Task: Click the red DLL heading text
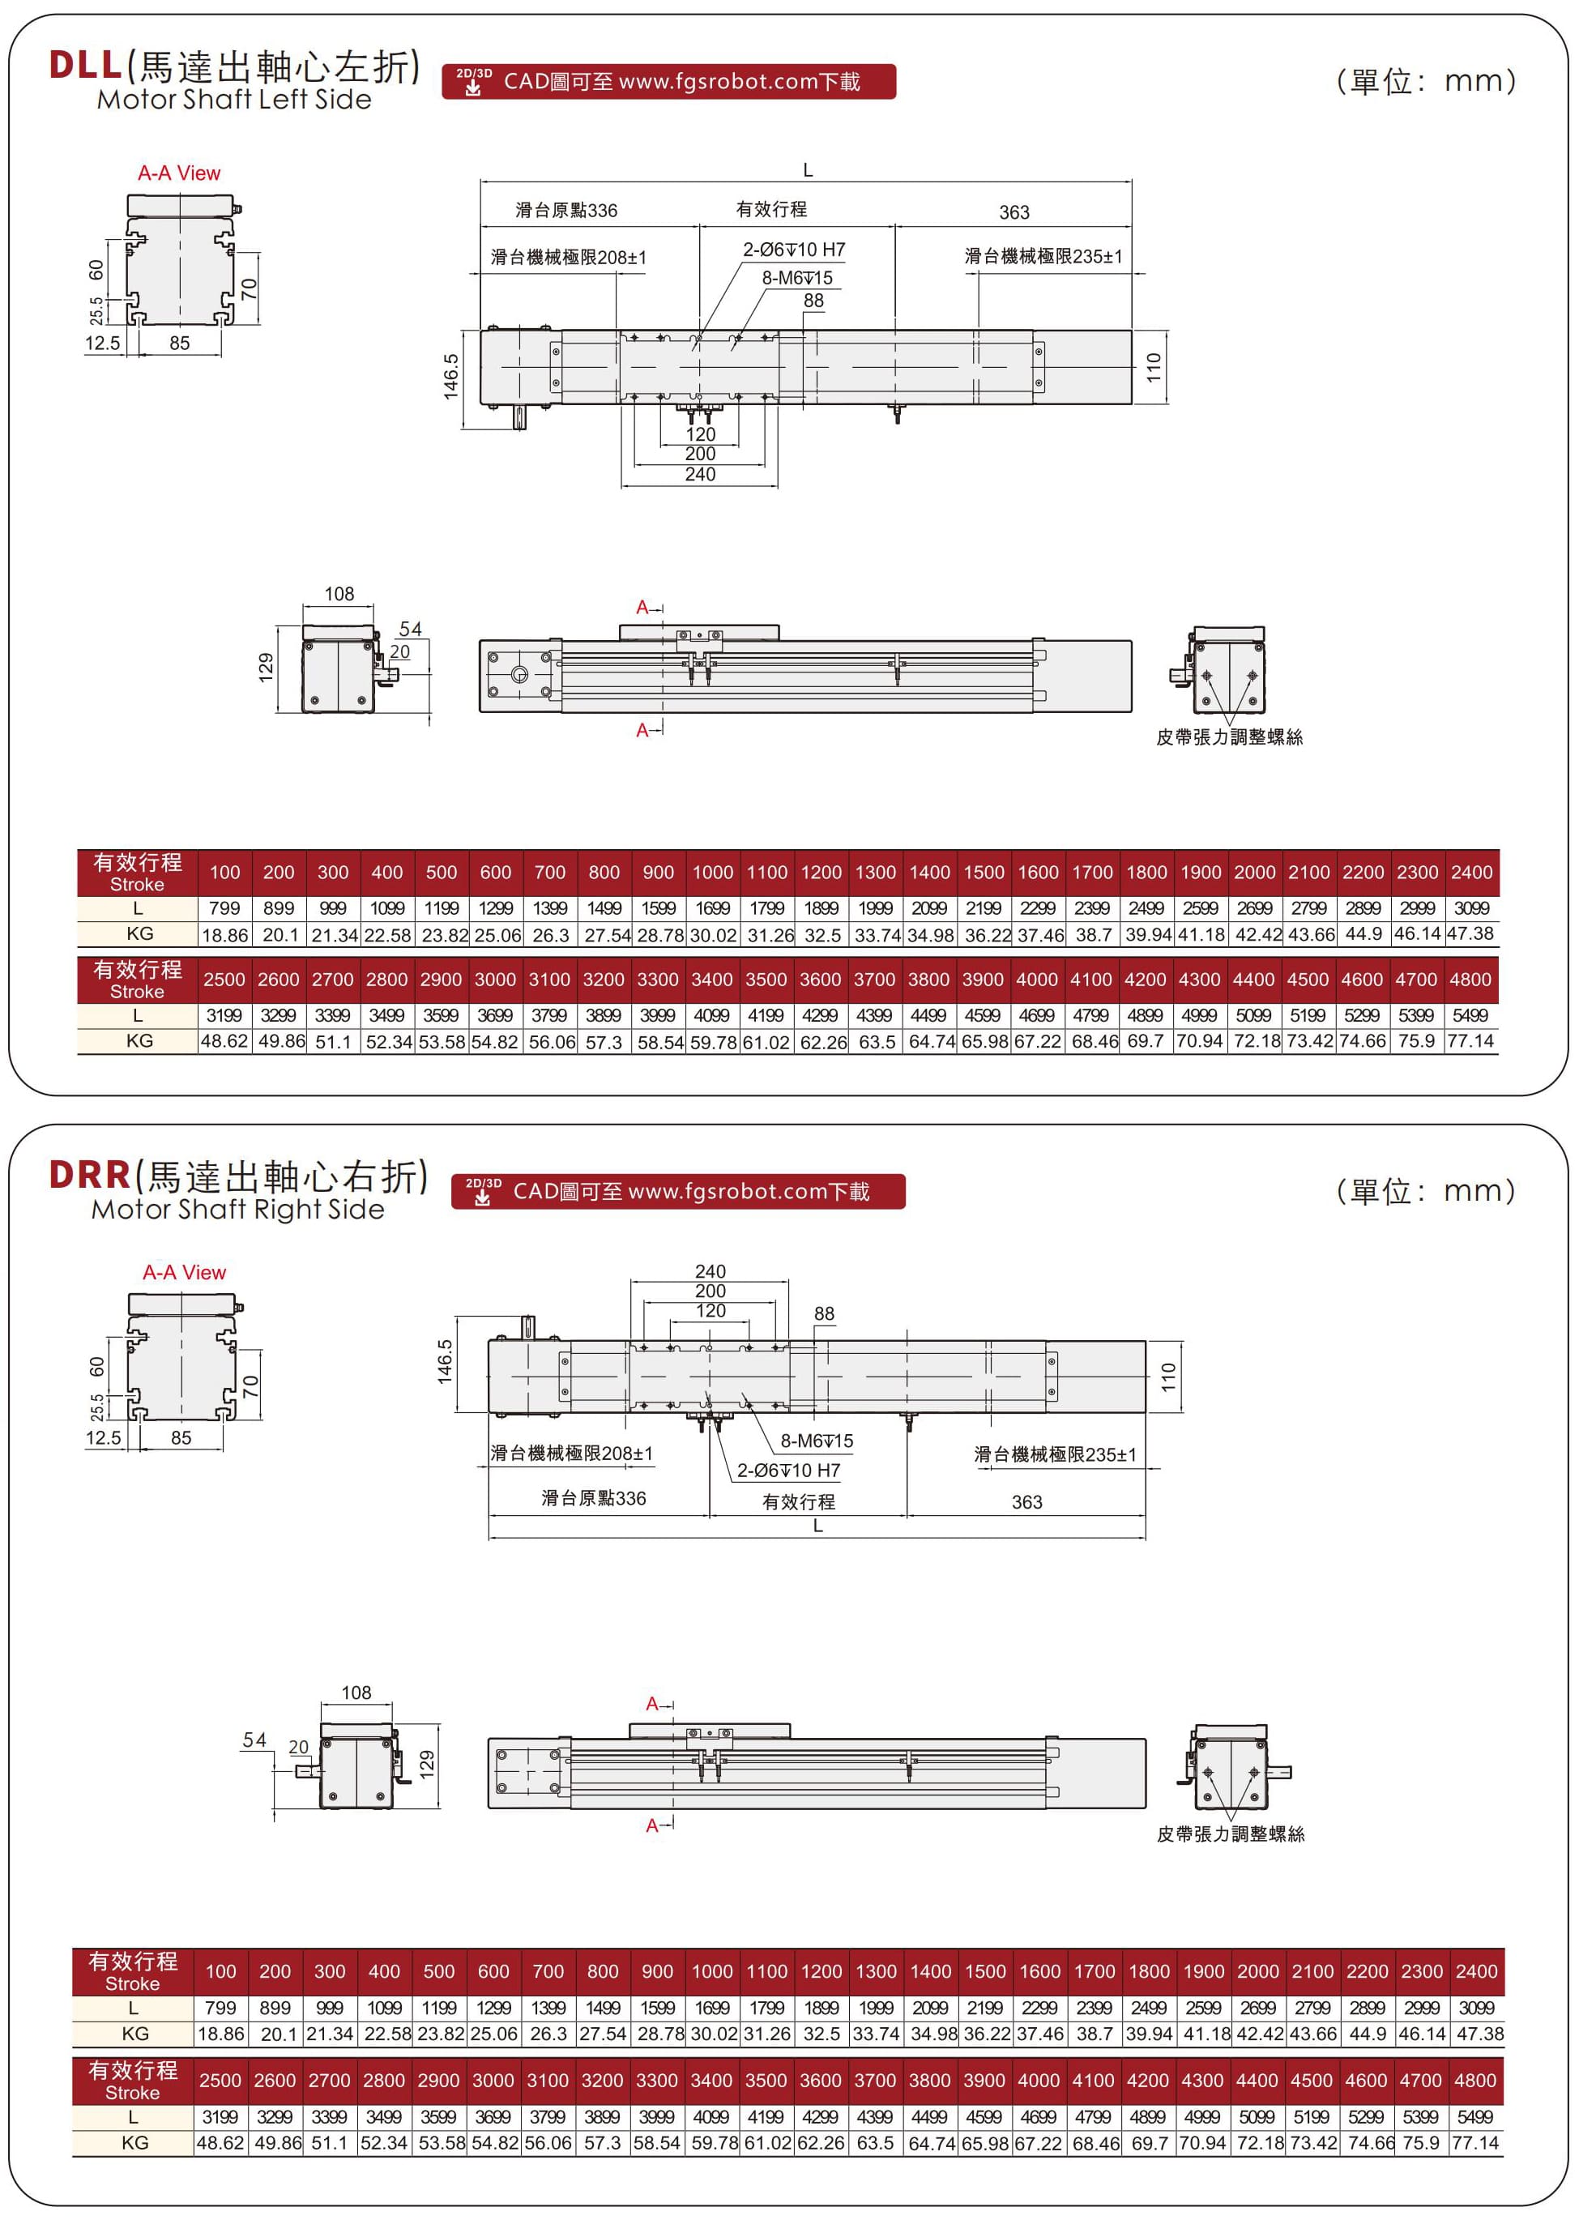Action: click(x=86, y=64)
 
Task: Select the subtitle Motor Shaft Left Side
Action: click(x=234, y=99)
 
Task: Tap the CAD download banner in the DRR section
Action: click(x=677, y=1191)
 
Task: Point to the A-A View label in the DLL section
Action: click(x=179, y=173)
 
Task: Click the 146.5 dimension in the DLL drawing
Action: click(x=451, y=375)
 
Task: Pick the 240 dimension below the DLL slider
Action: click(x=700, y=475)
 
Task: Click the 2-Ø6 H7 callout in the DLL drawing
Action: click(x=795, y=250)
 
